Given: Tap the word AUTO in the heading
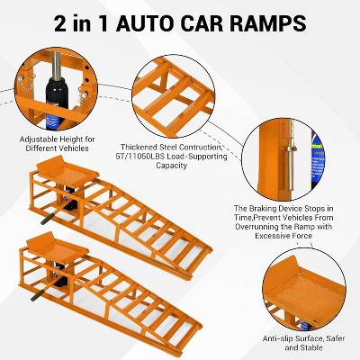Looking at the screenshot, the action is [146, 23].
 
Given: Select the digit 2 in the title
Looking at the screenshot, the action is [60, 24].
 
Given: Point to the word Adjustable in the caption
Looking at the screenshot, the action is [38, 139].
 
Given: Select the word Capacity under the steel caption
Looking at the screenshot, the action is [171, 166].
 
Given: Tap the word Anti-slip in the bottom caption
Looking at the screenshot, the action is [279, 338].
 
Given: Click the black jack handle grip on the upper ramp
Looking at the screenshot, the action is [48, 219].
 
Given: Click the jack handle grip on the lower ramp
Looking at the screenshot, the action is [38, 295].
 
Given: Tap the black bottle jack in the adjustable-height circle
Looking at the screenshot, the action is [56, 102].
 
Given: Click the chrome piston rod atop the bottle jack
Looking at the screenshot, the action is [57, 65].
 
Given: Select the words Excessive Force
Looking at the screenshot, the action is [283, 236].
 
